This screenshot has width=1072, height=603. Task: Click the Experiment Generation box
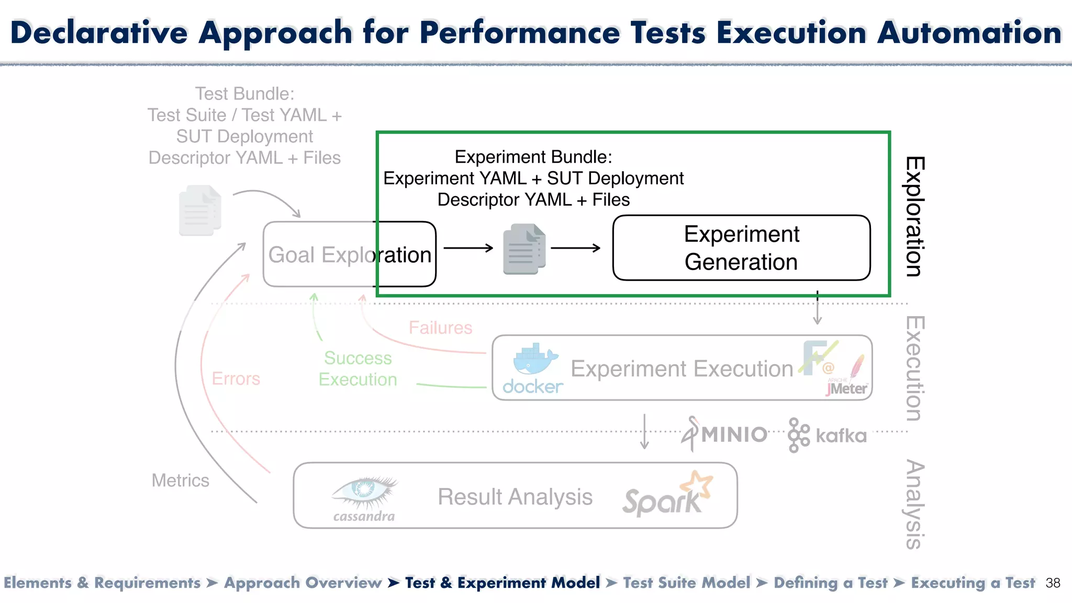click(x=741, y=248)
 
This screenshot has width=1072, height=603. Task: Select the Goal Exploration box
click(x=349, y=254)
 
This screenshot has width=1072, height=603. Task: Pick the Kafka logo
click(x=827, y=435)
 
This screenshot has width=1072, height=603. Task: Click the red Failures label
click(x=440, y=328)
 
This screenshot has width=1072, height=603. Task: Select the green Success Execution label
click(x=358, y=368)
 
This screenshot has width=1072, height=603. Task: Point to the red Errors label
click(x=236, y=378)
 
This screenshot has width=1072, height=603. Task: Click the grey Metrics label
click(x=180, y=480)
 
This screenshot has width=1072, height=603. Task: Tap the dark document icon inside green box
click(x=524, y=249)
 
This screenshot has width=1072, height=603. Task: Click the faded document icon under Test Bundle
click(x=200, y=210)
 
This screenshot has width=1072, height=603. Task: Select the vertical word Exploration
click(x=915, y=216)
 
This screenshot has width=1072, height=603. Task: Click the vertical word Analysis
click(x=915, y=504)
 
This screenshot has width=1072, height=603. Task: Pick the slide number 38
click(x=1053, y=583)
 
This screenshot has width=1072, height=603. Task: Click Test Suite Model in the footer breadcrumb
click(x=686, y=583)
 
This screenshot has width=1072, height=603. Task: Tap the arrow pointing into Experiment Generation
click(x=576, y=248)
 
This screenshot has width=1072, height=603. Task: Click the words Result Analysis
click(x=515, y=497)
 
